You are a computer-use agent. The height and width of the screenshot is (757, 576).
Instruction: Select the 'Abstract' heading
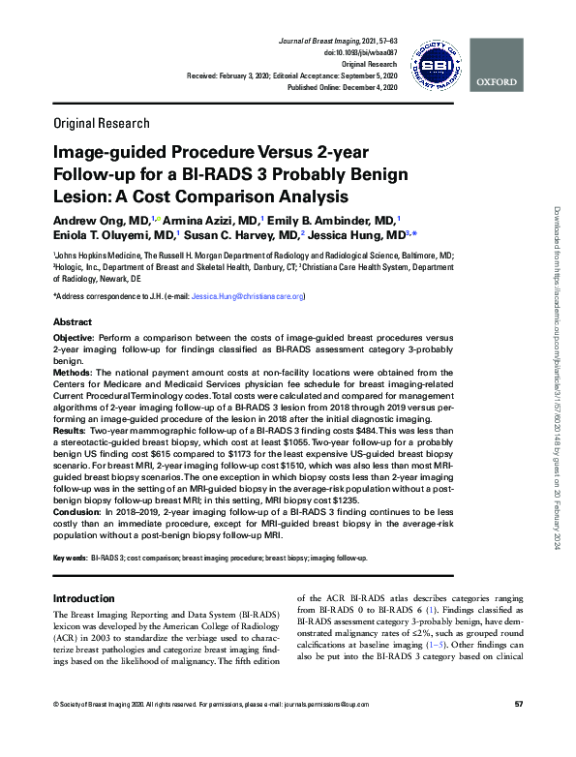[x=73, y=321]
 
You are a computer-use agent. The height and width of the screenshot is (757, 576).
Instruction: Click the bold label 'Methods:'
[x=73, y=372]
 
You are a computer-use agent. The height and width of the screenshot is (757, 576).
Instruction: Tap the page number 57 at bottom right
[x=519, y=730]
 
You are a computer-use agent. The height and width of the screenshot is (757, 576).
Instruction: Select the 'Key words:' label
[x=69, y=559]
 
